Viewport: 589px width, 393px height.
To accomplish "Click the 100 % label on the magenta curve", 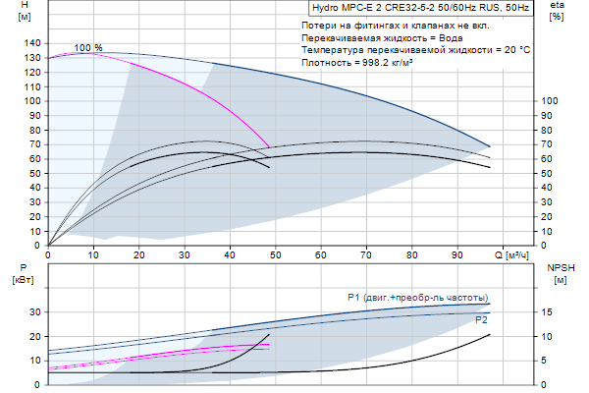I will click(x=88, y=47).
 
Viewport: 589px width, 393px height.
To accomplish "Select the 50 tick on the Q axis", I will click(x=275, y=256).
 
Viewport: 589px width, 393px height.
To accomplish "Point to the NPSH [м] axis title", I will click(x=560, y=273).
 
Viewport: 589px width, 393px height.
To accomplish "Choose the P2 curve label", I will click(x=481, y=320).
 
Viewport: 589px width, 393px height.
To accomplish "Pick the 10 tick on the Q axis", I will click(x=93, y=256).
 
